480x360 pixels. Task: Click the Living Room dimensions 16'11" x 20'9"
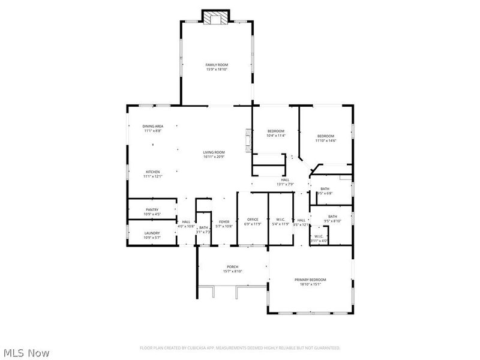tap(214, 157)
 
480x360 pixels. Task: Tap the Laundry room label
tap(151, 235)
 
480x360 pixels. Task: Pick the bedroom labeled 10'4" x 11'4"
tap(275, 133)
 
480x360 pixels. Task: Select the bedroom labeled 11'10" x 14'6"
tap(326, 138)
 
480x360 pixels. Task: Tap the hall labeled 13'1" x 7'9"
tap(284, 182)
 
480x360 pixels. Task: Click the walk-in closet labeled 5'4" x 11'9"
tap(280, 222)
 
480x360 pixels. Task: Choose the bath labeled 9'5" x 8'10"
tap(332, 218)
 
